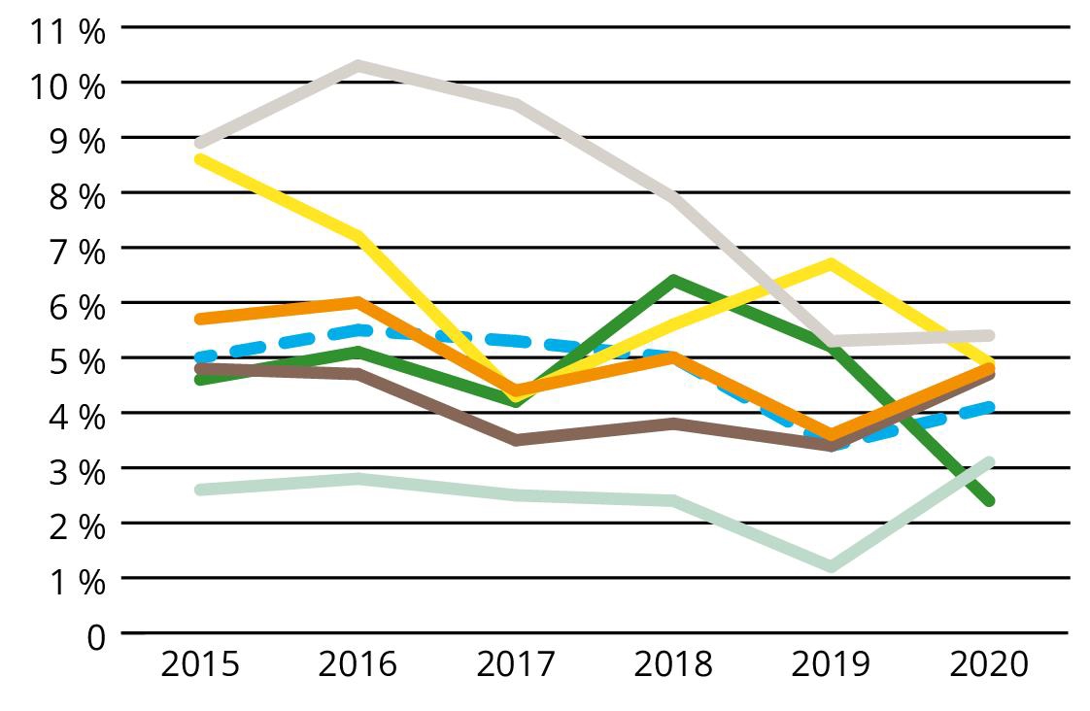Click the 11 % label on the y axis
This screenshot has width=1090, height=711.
tap(66, 30)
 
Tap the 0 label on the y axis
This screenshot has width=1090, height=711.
tap(95, 637)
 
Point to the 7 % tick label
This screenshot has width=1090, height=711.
tap(78, 251)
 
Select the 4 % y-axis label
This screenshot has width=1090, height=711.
tap(78, 416)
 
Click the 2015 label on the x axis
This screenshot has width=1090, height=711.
tap(200, 665)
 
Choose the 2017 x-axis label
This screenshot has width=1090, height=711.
tap(516, 665)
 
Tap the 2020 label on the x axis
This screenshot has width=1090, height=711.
tap(988, 665)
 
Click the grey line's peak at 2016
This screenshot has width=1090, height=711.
tap(358, 66)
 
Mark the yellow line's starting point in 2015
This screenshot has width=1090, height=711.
tap(200, 158)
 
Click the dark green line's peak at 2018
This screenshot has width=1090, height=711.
tap(673, 281)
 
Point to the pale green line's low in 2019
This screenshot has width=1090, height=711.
tap(832, 566)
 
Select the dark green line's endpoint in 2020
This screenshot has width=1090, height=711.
tap(989, 501)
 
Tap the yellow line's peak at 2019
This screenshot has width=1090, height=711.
tap(832, 263)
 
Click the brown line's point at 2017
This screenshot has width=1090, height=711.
tap(516, 440)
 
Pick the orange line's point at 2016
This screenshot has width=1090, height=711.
tap(358, 302)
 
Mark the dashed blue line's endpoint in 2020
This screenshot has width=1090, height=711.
tap(989, 407)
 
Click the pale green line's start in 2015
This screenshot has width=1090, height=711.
tap(200, 490)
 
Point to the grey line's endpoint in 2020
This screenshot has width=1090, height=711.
tap(989, 336)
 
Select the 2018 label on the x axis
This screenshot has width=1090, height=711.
tap(673, 665)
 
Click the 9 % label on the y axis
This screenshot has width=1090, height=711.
tap(78, 141)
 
